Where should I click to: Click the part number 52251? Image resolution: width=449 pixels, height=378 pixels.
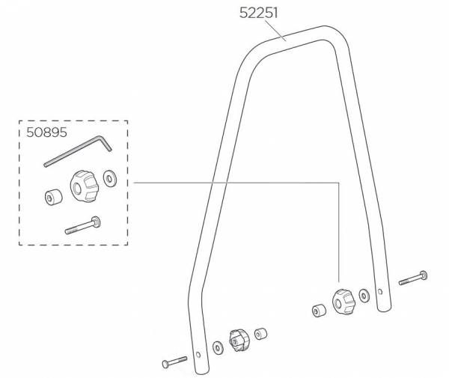(259, 13)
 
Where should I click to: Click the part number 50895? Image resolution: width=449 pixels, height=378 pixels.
(46, 132)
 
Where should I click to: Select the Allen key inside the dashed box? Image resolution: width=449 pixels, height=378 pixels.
(78, 151)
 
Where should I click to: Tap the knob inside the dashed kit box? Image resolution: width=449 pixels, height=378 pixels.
(85, 186)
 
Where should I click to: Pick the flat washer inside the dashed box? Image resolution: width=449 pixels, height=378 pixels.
(110, 179)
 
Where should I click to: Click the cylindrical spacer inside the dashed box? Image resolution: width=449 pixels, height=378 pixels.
(54, 197)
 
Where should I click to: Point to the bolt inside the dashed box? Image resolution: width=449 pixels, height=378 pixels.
(83, 225)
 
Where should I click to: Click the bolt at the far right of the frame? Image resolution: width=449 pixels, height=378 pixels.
(413, 278)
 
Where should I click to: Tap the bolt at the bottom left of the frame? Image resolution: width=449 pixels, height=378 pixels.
(174, 362)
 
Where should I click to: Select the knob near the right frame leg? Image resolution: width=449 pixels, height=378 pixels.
(343, 302)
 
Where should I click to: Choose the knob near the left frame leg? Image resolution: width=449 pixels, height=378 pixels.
(239, 341)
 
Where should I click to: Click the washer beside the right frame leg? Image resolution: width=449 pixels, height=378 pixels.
(364, 296)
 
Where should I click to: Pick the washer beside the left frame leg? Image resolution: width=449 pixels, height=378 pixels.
(217, 347)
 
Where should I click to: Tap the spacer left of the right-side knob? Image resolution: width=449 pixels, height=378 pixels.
(319, 310)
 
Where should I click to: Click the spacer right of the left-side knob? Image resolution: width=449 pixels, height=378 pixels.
(260, 334)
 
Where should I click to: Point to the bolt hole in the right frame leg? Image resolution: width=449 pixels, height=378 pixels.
(380, 292)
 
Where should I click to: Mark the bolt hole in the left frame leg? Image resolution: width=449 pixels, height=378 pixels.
(198, 355)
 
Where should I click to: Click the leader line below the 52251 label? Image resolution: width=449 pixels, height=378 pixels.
(275, 31)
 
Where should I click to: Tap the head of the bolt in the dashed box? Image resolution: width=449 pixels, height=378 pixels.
(97, 222)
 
